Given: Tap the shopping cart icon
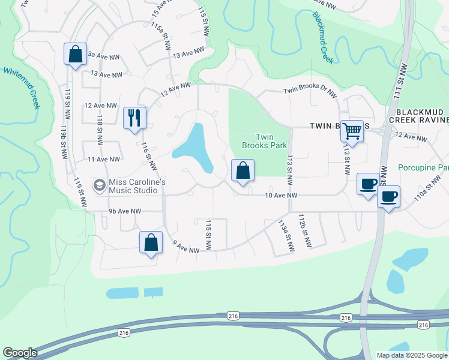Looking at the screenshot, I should tap(352, 130).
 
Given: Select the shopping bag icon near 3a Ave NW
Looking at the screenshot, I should tap(75, 54).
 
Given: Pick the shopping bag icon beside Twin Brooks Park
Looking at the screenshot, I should tap(242, 170).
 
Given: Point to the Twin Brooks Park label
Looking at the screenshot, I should tap(265, 141).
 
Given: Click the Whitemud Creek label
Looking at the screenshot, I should tap(22, 87).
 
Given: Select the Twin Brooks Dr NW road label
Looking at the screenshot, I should tap(310, 90).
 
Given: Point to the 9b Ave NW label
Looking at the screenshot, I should tap(125, 211).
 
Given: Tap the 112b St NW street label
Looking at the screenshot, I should tap(306, 231).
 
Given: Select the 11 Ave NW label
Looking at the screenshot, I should tap(103, 159).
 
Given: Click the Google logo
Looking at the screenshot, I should tap(20, 353).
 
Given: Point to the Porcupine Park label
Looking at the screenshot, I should tap(423, 167).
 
